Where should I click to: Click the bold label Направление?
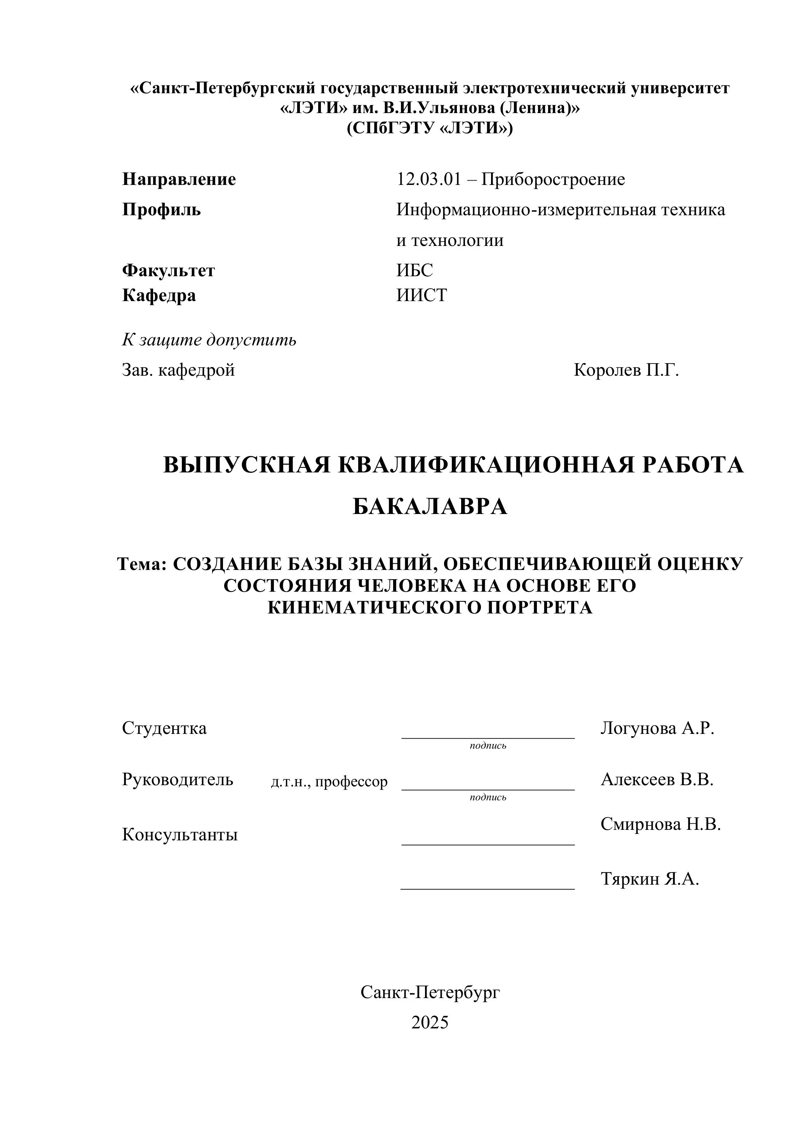pos(179,179)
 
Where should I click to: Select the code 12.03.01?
pos(428,179)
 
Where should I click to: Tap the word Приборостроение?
pos(553,179)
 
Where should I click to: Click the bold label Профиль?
pos(161,210)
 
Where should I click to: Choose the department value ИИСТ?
pos(422,295)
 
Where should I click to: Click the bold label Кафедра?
pos(159,295)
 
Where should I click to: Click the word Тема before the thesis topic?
pos(141,564)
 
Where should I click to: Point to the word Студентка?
pos(164,728)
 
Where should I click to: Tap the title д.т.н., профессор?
pos(329,782)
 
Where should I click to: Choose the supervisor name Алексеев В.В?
pos(657,780)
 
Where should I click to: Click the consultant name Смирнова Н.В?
pos(660,824)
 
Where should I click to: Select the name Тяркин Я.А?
pos(649,879)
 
